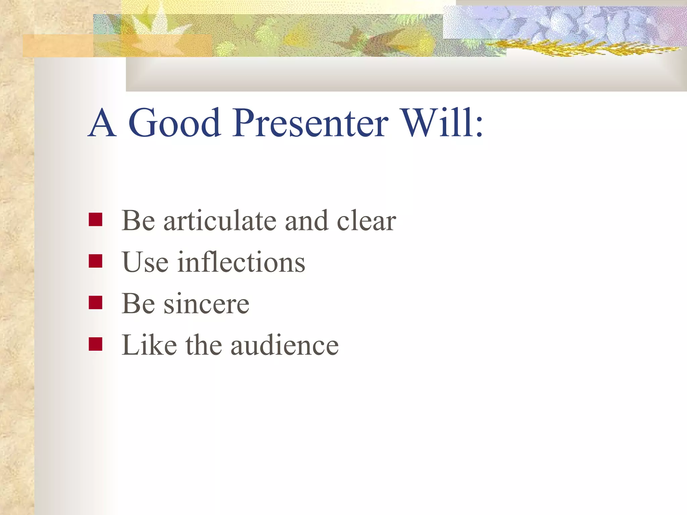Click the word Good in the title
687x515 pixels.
point(174,123)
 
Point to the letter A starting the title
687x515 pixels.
point(103,123)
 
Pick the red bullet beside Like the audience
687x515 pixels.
point(95,344)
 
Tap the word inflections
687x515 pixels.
point(241,262)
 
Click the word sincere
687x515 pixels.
point(206,304)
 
